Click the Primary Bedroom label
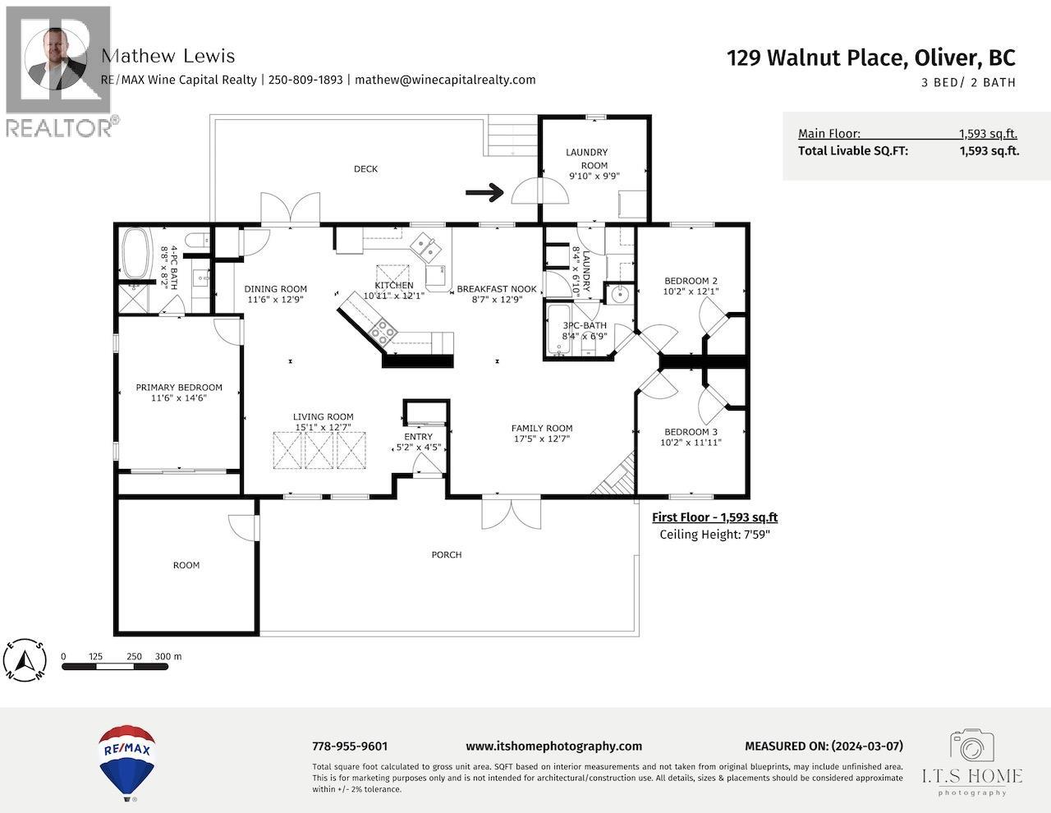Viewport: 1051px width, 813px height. (x=179, y=388)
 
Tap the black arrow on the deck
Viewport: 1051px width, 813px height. (x=484, y=192)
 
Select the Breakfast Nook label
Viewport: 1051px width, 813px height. (x=496, y=289)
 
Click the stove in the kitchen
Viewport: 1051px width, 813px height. (x=383, y=332)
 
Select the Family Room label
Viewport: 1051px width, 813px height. (x=541, y=428)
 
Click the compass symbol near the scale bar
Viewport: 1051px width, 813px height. (x=26, y=660)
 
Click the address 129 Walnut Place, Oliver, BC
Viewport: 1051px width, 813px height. (x=870, y=57)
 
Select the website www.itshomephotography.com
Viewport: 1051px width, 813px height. (x=553, y=746)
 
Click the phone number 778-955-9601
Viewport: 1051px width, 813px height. (x=350, y=746)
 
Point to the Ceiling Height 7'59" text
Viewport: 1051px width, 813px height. (x=714, y=535)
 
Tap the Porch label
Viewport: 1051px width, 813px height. (x=447, y=554)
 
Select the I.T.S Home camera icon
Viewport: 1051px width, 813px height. (x=972, y=746)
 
